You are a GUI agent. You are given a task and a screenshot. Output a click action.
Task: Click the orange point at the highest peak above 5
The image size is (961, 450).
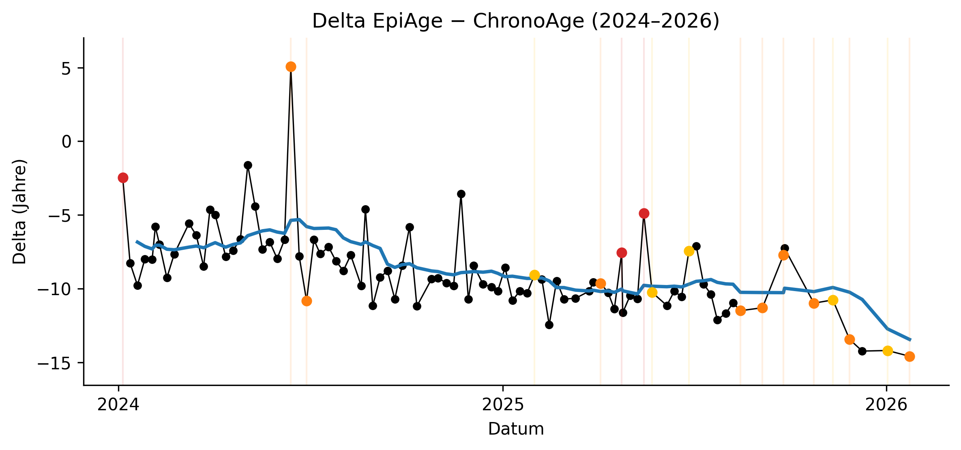tap(291, 67)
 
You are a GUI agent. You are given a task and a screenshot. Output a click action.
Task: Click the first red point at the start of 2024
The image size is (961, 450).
tap(123, 178)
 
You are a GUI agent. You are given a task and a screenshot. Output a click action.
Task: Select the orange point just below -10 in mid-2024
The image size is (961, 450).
tap(307, 301)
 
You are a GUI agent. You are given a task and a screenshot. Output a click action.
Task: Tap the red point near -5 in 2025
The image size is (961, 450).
tap(644, 213)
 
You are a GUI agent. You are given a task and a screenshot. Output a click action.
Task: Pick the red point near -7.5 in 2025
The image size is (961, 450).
tap(622, 253)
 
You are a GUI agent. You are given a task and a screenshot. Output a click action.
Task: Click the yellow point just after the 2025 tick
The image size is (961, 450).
tap(534, 275)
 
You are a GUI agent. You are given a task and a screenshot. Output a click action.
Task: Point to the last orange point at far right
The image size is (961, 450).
tap(910, 356)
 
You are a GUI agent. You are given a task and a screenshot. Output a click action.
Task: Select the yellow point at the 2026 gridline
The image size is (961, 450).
tap(888, 351)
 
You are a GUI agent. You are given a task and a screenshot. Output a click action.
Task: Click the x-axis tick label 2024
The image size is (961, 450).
tap(118, 405)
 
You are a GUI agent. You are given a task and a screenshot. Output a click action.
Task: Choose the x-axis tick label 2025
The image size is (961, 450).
tap(503, 405)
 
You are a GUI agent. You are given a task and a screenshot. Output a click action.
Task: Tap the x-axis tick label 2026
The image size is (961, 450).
tap(886, 405)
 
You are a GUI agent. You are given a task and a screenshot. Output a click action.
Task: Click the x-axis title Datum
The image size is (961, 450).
tap(516, 429)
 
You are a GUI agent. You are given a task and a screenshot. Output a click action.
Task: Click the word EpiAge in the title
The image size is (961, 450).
tap(407, 21)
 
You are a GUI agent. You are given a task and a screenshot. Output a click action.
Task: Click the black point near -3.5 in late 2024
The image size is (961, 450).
tap(461, 194)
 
